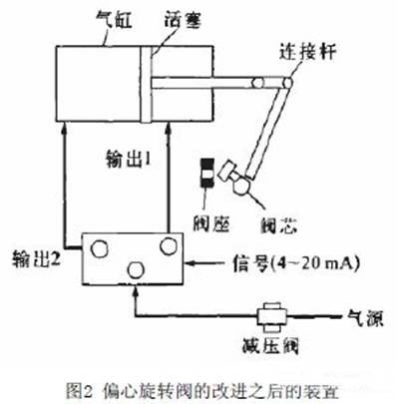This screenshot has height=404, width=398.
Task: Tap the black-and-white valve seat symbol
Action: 206,173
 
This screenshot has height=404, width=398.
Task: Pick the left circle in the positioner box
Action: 101,244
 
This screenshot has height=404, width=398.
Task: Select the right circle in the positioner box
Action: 168,244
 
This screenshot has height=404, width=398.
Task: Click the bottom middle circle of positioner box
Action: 135,269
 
